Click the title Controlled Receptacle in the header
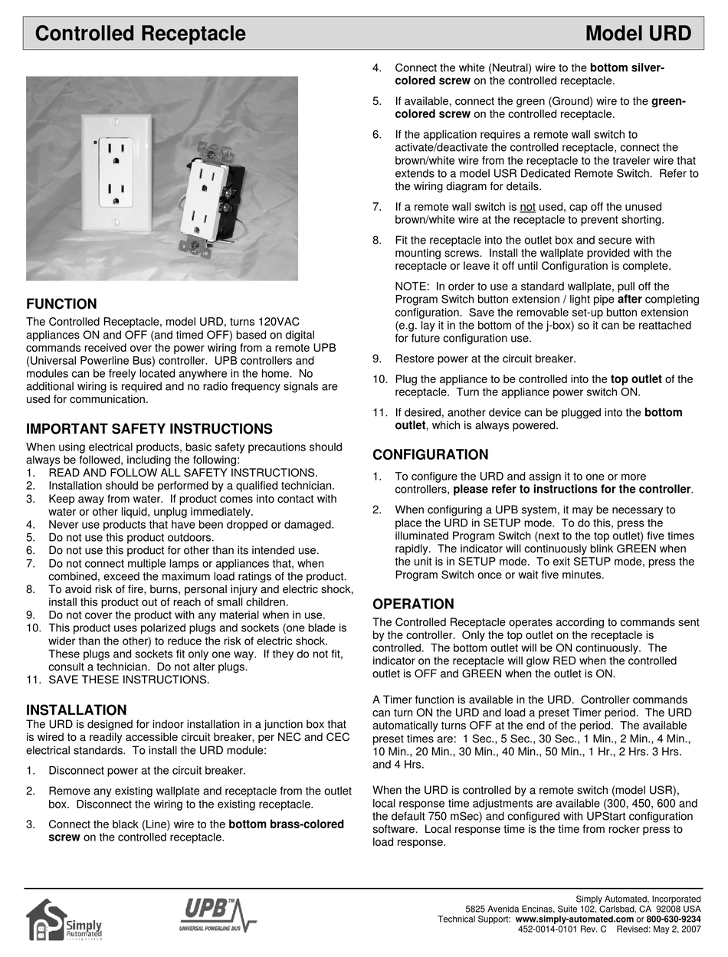tap(140, 34)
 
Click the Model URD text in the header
tap(638, 34)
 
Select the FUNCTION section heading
tap(61, 304)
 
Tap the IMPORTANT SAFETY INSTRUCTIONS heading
tap(149, 429)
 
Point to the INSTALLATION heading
tap(77, 710)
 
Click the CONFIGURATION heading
tap(430, 455)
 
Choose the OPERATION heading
tap(413, 604)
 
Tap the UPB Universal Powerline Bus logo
tap(218, 916)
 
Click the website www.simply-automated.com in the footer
tap(574, 919)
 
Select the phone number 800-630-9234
tap(674, 919)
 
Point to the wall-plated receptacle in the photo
tap(116, 172)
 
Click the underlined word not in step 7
tap(527, 207)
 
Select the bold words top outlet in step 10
tap(641, 379)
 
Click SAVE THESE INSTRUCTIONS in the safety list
tap(129, 680)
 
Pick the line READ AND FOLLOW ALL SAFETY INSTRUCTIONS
tap(182, 473)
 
